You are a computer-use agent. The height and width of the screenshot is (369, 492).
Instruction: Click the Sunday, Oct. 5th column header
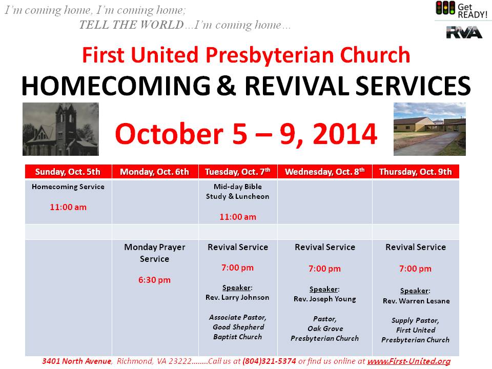pos(68,172)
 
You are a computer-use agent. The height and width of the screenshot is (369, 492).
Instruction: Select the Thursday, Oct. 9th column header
pos(416,172)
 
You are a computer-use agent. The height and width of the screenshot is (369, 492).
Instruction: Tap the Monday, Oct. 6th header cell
pos(155,172)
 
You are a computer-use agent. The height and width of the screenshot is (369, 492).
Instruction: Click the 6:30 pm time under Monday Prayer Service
pos(154,280)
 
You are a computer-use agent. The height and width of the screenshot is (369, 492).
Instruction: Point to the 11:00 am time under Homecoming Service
pos(68,207)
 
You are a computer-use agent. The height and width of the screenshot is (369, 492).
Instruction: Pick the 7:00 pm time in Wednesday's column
pos(324,269)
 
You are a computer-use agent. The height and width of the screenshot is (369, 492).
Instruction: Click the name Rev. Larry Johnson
pos(237,297)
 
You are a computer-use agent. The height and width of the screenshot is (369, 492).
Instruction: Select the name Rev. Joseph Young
pos(325,299)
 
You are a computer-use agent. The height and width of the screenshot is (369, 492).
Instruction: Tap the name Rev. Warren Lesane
pos(416,301)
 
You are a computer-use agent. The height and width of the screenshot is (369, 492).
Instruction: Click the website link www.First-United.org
pos(409,361)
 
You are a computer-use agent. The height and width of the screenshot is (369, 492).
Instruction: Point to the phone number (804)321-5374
pos(269,361)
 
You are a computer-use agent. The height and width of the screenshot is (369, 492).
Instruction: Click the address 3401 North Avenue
pos(76,361)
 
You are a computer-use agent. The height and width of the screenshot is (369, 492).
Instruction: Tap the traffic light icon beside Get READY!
pos(445,8)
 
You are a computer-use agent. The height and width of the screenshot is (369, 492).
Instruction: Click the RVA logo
pos(464,32)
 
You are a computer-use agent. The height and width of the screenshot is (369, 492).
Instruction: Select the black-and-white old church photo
pos(60,129)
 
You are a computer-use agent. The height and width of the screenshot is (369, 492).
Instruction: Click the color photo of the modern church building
pos(429,129)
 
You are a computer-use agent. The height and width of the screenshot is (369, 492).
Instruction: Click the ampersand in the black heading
pos(226,86)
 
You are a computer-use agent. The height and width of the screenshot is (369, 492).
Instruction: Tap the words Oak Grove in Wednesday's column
pos(325,329)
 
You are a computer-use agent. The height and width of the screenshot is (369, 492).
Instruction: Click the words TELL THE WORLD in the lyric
pos(132,25)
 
